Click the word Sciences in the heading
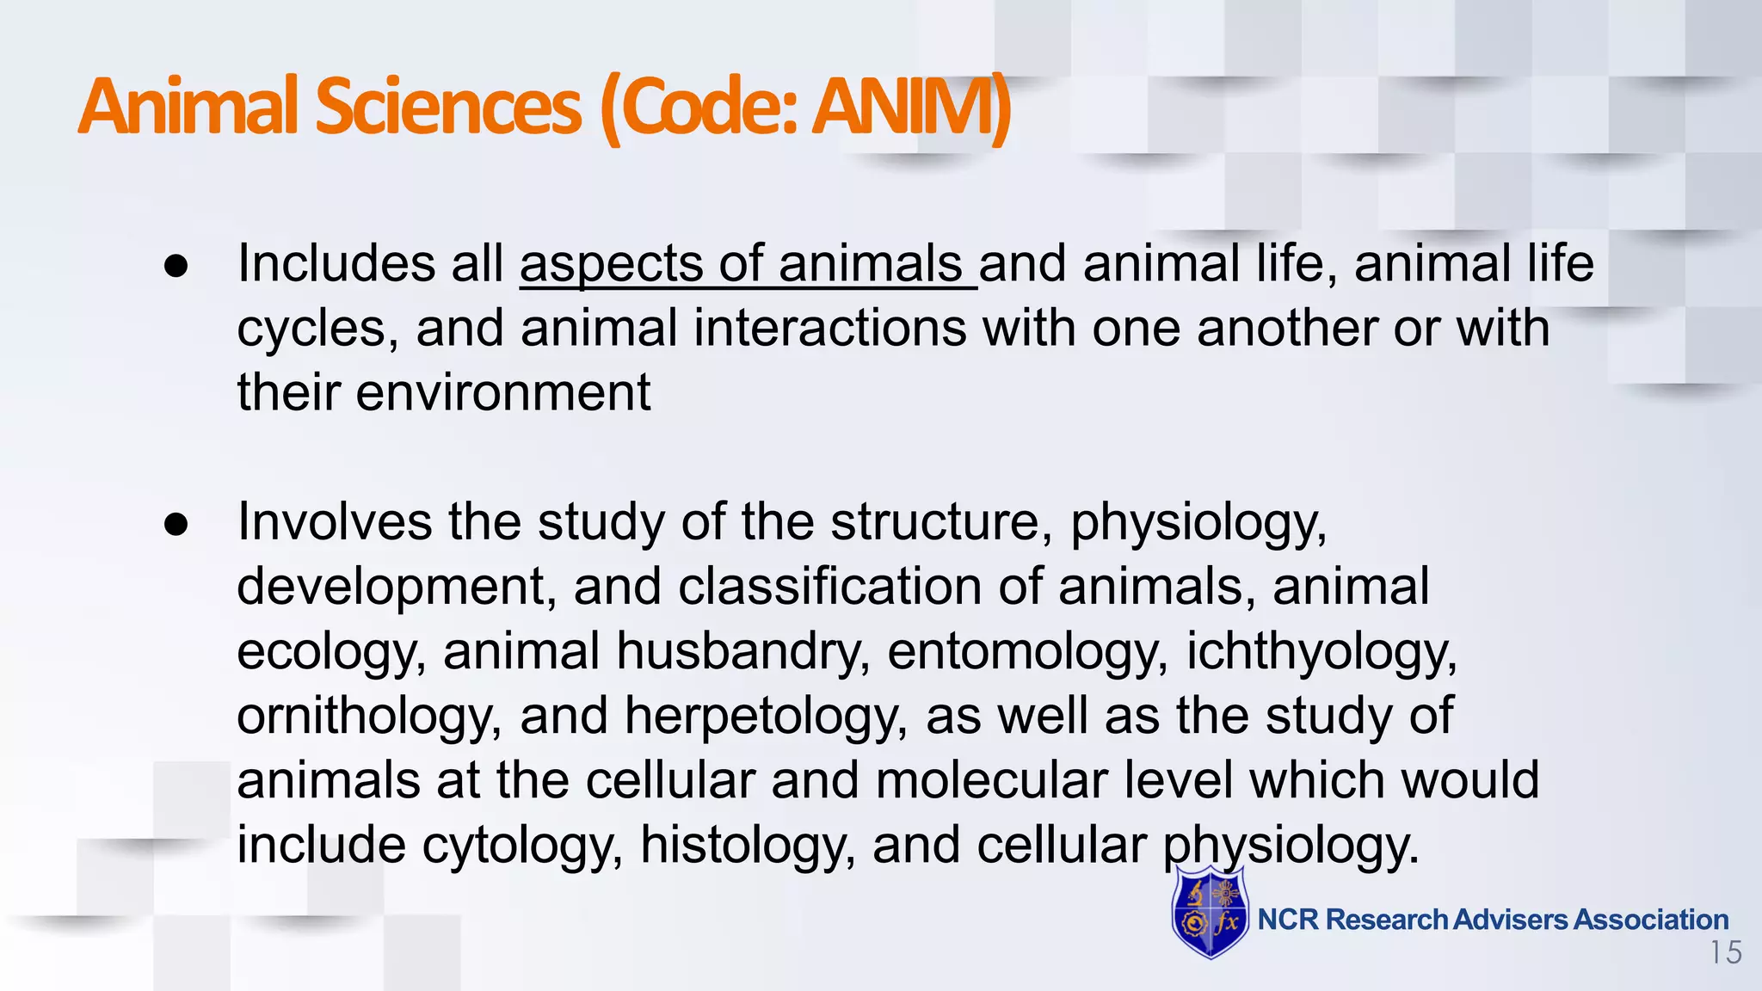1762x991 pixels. coord(448,107)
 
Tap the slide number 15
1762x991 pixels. coord(1725,953)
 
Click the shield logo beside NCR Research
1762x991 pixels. coord(1210,914)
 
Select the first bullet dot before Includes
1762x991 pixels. coord(176,266)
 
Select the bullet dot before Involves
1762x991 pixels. coord(176,524)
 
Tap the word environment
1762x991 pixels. coord(503,392)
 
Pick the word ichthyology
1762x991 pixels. coord(1321,651)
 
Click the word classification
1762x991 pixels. coord(829,587)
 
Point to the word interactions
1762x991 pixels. coord(829,329)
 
